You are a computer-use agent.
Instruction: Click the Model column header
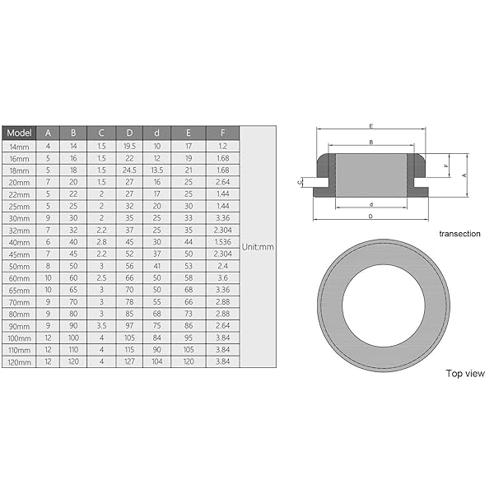pyautogui.click(x=18, y=133)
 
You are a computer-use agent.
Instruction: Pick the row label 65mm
pyautogui.click(x=18, y=290)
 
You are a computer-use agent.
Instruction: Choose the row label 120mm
pyautogui.click(x=18, y=361)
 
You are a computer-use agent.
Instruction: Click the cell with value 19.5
pyautogui.click(x=129, y=146)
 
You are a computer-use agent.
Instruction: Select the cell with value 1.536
pyautogui.click(x=223, y=242)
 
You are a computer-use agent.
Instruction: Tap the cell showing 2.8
pyautogui.click(x=101, y=242)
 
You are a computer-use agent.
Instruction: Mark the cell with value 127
pyautogui.click(x=129, y=361)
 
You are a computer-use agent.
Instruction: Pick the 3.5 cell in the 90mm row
pyautogui.click(x=101, y=326)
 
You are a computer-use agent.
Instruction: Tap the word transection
pyautogui.click(x=459, y=234)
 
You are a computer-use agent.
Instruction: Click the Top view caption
pyautogui.click(x=465, y=373)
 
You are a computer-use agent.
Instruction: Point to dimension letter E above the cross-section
pyautogui.click(x=372, y=126)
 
